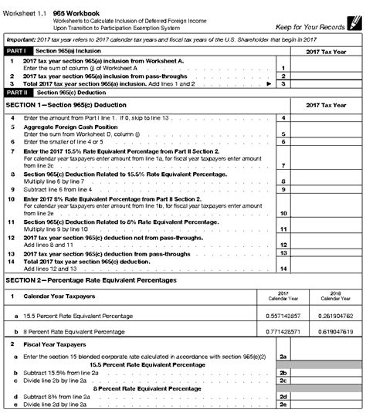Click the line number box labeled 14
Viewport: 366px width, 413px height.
pyautogui.click(x=283, y=268)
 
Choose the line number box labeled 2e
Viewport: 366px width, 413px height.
pyautogui.click(x=283, y=404)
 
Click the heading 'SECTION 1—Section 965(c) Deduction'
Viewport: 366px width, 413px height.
pyautogui.click(x=69, y=103)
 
